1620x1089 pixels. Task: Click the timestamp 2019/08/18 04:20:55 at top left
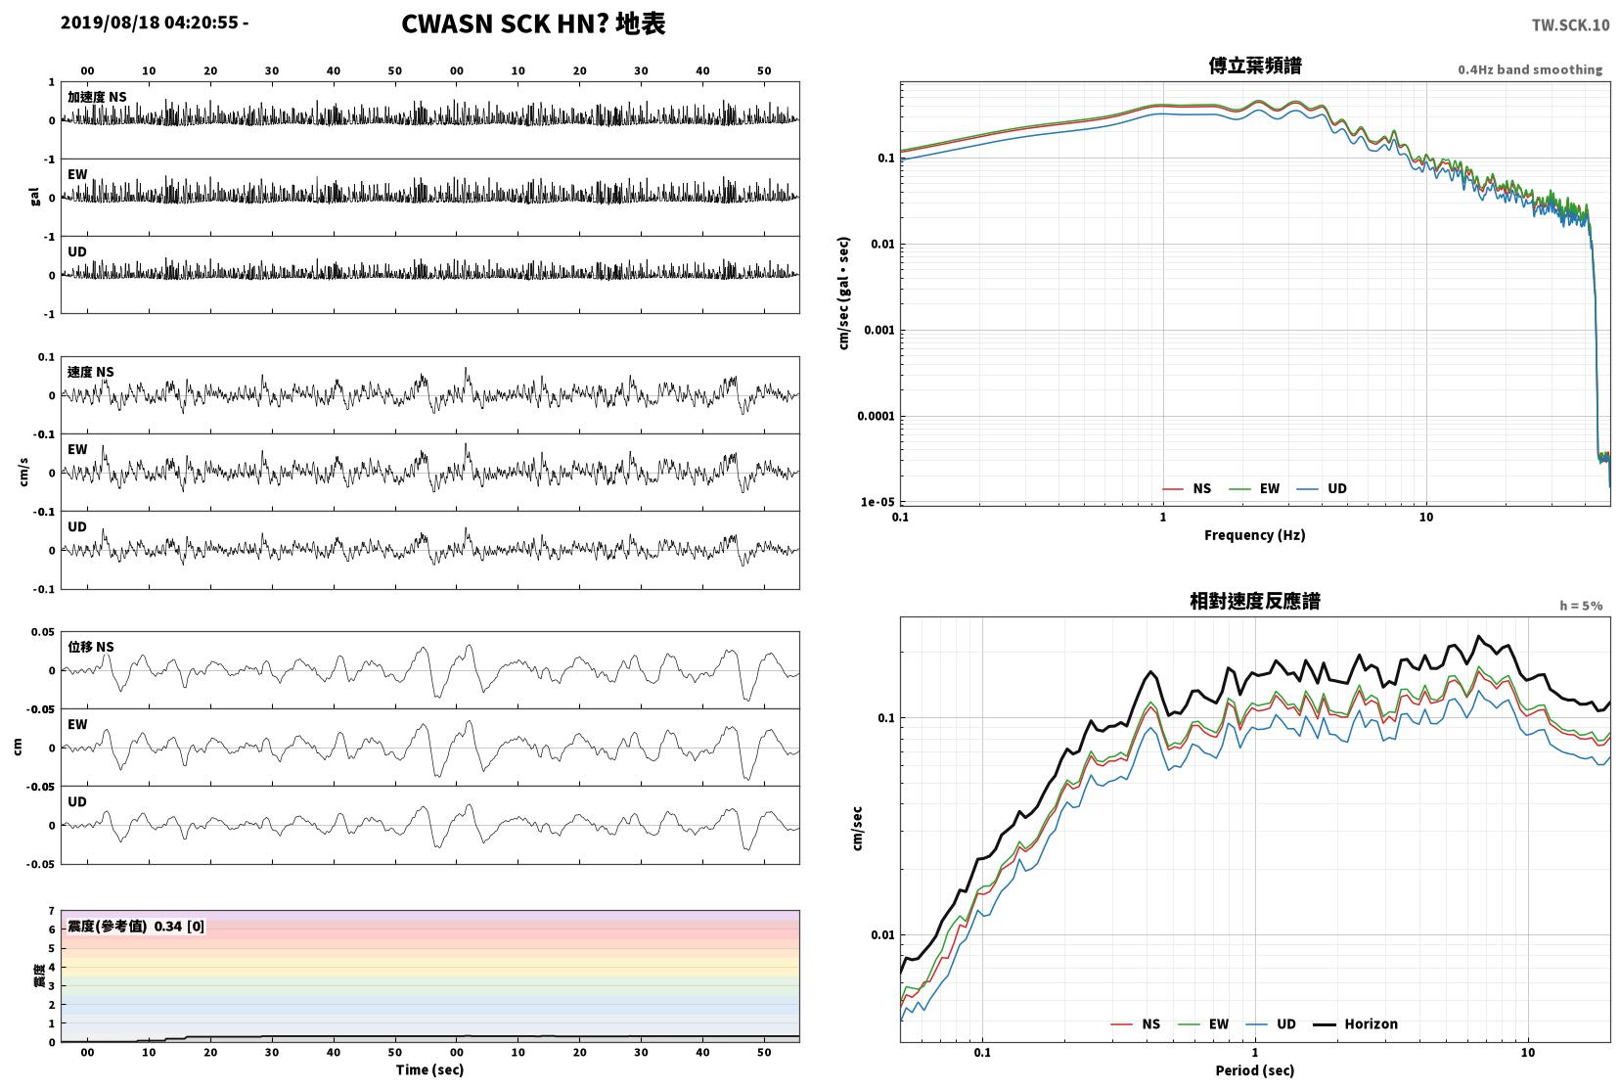coord(149,23)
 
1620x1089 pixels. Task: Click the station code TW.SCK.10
coord(1570,25)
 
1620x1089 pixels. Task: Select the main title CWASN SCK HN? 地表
coord(533,23)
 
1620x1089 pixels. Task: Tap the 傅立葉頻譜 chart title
coord(1255,66)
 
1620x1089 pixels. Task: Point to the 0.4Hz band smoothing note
coord(1530,69)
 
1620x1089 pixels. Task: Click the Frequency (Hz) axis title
coord(1255,535)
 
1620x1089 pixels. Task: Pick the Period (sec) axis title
coord(1255,1070)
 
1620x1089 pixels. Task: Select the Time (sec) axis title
coord(429,1069)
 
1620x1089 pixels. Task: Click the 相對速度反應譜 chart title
coord(1255,601)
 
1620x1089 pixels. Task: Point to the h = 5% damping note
coord(1581,606)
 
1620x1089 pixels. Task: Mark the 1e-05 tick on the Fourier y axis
coord(877,502)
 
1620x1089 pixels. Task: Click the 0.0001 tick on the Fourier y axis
coord(876,416)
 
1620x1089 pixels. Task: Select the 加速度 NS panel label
coord(97,97)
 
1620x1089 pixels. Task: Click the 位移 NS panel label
coord(90,647)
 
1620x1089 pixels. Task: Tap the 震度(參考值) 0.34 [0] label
coord(136,927)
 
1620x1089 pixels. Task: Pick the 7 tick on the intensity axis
coord(51,910)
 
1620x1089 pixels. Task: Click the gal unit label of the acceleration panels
coord(34,197)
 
